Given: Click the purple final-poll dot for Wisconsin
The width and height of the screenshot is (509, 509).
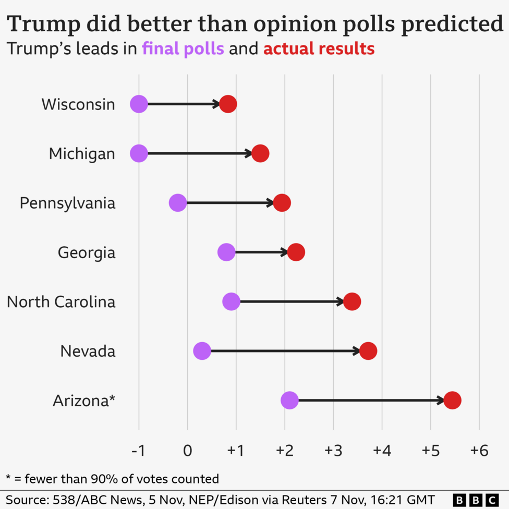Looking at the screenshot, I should pos(139,104).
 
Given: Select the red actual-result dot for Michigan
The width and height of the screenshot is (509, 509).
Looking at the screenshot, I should pos(260,154).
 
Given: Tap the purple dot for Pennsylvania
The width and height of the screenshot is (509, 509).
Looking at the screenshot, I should pos(178,203).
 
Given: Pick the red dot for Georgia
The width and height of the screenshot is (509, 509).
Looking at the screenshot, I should pos(296,252).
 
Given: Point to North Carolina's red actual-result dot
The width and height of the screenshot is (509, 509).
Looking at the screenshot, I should pos(352,301).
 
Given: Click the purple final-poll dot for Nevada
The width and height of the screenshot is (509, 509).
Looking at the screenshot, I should pos(202,351).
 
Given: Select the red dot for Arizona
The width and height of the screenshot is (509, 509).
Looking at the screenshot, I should pos(452,401).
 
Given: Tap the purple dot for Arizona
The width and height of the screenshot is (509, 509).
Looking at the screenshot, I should pos(289,401).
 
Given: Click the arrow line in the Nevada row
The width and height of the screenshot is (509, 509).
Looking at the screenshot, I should pos(284,351).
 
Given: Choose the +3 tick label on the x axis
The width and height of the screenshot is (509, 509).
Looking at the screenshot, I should pos(333,451).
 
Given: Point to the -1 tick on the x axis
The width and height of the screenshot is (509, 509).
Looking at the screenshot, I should pos(139,451).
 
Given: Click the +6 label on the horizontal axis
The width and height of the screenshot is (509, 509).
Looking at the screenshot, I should pos(478,451).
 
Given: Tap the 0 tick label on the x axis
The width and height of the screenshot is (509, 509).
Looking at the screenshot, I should pos(187,451).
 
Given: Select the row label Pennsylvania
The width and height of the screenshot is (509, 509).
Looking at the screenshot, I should pos(67,203).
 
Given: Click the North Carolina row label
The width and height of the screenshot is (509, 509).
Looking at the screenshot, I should pos(61,301).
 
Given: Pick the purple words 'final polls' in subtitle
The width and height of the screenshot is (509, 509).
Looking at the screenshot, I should pos(183,49).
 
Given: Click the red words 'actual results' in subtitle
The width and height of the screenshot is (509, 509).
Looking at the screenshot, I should pos(319,49).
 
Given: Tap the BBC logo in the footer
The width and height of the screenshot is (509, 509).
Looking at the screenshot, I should pos(475,500).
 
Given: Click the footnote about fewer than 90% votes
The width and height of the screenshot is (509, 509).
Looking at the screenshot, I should pos(112,478).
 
